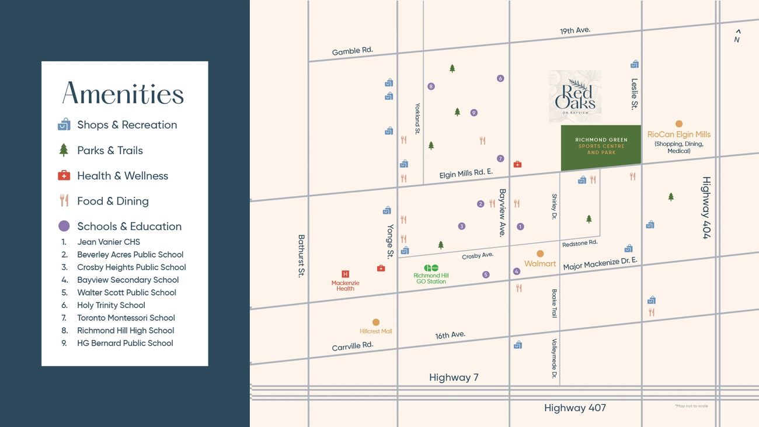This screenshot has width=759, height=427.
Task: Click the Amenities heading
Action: coord(123,93)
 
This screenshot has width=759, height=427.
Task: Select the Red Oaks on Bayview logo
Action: coord(575,96)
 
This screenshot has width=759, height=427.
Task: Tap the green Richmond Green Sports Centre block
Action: coord(601,147)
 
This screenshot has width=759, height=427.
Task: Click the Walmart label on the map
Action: coord(540,263)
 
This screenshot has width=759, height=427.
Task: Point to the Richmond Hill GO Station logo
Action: coord(431,268)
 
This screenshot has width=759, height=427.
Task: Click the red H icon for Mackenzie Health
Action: coord(345,274)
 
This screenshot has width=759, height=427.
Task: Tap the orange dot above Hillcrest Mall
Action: coord(376,322)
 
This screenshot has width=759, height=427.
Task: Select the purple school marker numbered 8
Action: coord(431,86)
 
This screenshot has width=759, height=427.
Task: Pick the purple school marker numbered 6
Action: coord(500,78)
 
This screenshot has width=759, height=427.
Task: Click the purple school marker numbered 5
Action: coord(486,275)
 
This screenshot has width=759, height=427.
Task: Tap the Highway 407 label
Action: coord(575,408)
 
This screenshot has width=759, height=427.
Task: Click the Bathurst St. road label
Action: coord(301,256)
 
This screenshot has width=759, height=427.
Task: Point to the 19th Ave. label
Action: coord(575,30)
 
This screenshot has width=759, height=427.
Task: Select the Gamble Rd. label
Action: coord(352,51)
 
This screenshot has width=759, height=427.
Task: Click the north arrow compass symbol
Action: coord(737,36)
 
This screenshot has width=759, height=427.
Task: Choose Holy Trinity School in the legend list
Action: coord(111,305)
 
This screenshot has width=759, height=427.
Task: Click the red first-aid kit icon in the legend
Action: coord(64,175)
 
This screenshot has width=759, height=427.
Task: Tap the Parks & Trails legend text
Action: coord(110,150)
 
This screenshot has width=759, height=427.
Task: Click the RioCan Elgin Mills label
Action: coord(679,134)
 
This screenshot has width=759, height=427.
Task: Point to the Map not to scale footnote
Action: coord(691,405)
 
